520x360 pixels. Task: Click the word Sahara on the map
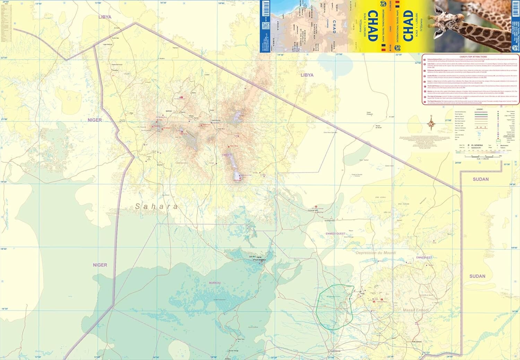pos(156,207)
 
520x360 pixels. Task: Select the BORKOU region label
pos(215,283)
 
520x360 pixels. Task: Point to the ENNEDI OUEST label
pos(335,234)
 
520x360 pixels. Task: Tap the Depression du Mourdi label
pos(376,253)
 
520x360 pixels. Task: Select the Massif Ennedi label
pos(416,310)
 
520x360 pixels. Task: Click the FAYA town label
pos(258,257)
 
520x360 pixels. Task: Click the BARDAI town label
pos(169,111)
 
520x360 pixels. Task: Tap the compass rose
pos(431,123)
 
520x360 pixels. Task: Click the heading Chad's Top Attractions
pos(473,57)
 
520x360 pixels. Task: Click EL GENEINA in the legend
pos(477,145)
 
